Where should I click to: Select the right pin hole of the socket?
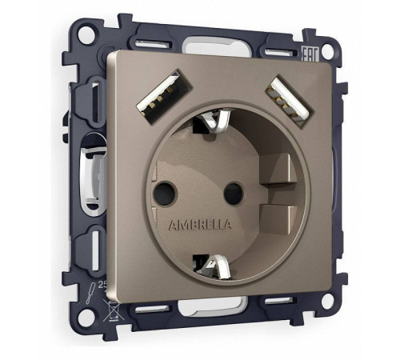click(x=233, y=192)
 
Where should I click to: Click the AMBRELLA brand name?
click(x=200, y=225)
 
